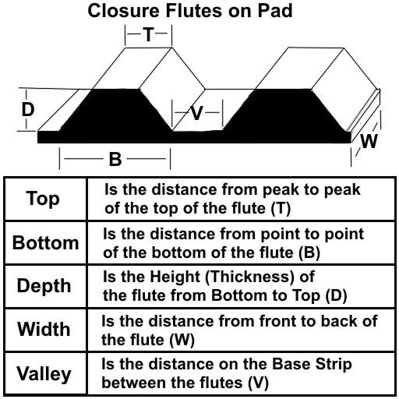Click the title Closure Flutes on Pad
pos(190,11)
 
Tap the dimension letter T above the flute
pos(149,34)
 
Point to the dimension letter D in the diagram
pos(28,109)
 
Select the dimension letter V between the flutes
pos(196,113)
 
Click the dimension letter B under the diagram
pos(115,159)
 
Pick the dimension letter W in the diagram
pos(369,142)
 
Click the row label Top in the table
pos(43,199)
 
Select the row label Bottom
pos(45,242)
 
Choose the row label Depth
pos(44,286)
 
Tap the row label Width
pos(44,329)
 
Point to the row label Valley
pos(44,374)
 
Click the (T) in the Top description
pos(281,209)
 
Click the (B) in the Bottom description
pos(309,252)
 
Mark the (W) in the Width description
pos(182,340)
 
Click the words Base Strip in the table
pos(312,364)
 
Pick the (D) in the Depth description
pos(336,295)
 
